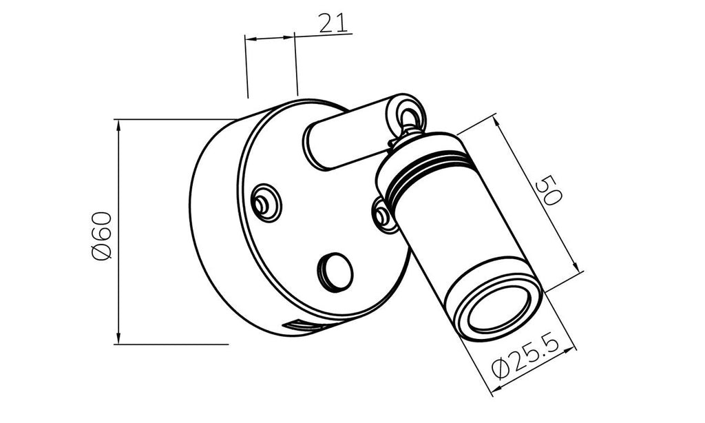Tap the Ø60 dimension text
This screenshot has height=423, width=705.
coord(101,236)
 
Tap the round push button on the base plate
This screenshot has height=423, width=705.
coord(335,271)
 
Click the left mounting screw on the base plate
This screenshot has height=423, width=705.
coord(265,203)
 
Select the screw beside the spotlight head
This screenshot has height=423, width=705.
coord(383,216)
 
